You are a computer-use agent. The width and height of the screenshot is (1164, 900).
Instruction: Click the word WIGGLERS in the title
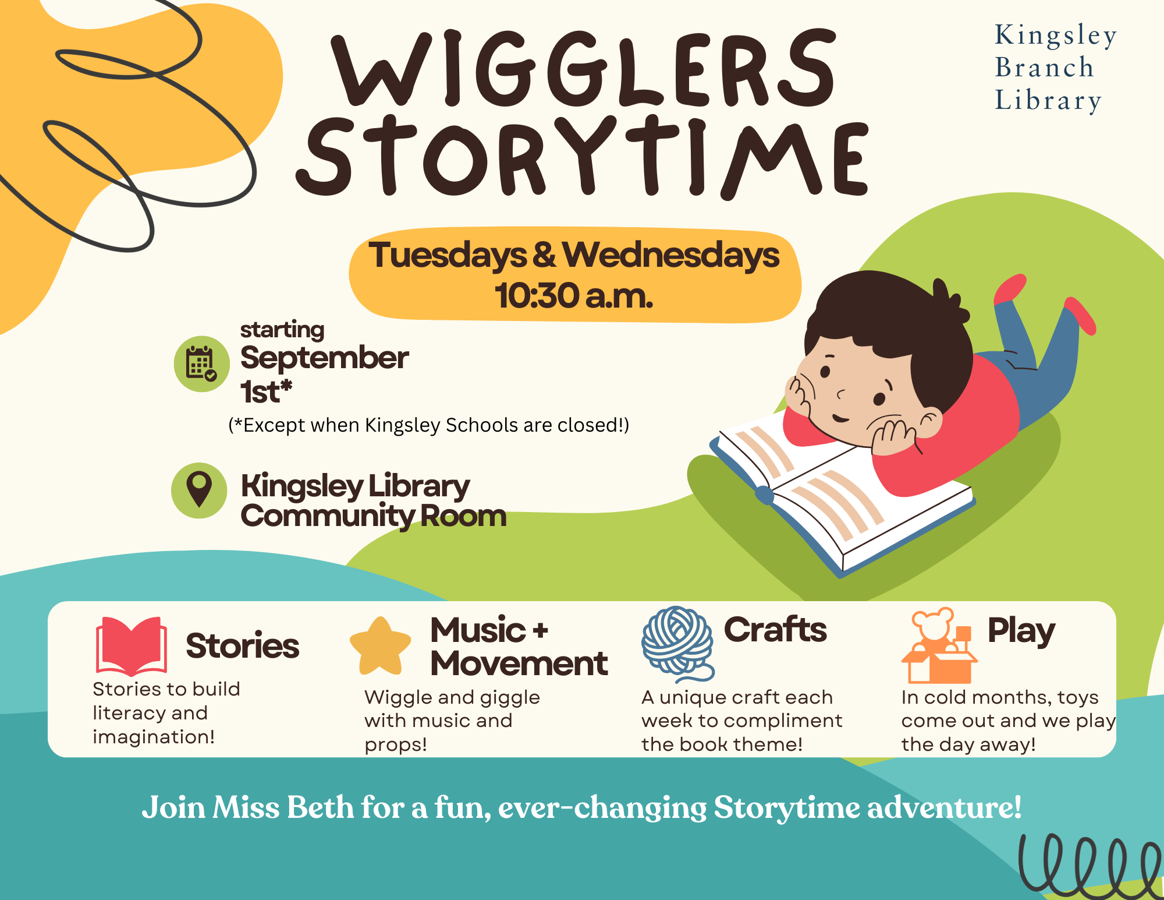(x=584, y=68)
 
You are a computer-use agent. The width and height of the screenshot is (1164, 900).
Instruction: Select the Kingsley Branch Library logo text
(x=1055, y=68)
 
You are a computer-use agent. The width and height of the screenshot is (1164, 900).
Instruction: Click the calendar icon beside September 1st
(x=201, y=364)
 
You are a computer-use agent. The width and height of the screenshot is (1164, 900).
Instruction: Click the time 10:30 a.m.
(x=574, y=295)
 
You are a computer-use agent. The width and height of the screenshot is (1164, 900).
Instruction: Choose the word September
(x=324, y=357)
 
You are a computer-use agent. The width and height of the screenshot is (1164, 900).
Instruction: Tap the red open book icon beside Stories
(x=132, y=645)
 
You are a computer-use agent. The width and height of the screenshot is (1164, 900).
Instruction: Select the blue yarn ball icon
(x=677, y=643)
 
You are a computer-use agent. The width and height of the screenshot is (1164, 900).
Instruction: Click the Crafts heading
(x=775, y=629)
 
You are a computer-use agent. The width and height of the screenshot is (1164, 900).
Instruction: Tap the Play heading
(x=1021, y=631)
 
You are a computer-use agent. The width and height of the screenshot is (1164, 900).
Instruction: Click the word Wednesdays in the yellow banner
(x=670, y=255)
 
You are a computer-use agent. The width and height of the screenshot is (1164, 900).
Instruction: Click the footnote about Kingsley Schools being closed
(x=429, y=425)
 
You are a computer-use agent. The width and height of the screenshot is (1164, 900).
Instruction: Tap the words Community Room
(x=374, y=517)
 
